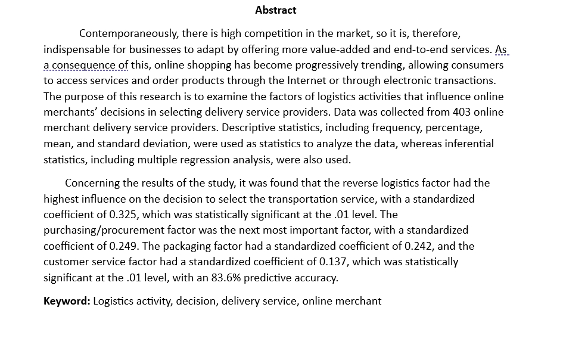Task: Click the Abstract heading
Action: click(x=275, y=10)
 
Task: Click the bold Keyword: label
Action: click(x=67, y=301)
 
